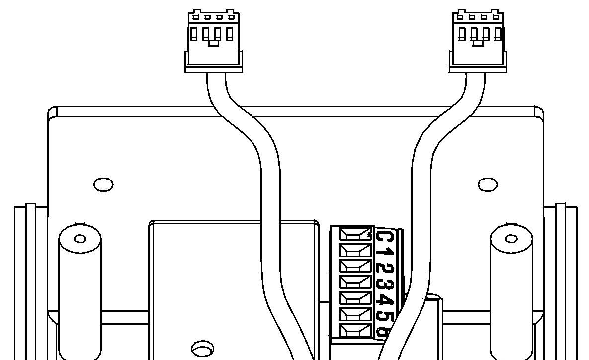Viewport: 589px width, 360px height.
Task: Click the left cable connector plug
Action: pyautogui.click(x=213, y=42)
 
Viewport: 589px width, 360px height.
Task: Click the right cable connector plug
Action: pyautogui.click(x=478, y=42)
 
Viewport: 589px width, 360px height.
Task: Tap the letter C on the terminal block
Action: pyautogui.click(x=384, y=237)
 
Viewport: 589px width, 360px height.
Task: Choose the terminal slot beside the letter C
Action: pyautogui.click(x=355, y=233)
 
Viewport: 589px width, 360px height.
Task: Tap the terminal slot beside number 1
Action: pyautogui.click(x=355, y=250)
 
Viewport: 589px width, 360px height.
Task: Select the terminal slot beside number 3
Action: pyautogui.click(x=355, y=282)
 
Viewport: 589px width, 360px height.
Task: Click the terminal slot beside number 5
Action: pyautogui.click(x=355, y=314)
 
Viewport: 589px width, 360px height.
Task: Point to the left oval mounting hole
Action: pyautogui.click(x=103, y=184)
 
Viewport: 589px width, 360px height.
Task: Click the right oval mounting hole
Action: pyautogui.click(x=488, y=184)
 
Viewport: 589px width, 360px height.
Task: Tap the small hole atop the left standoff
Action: pyautogui.click(x=80, y=239)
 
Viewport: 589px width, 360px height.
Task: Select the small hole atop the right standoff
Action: pyautogui.click(x=511, y=239)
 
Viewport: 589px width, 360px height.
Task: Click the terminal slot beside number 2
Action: pyautogui.click(x=355, y=266)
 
